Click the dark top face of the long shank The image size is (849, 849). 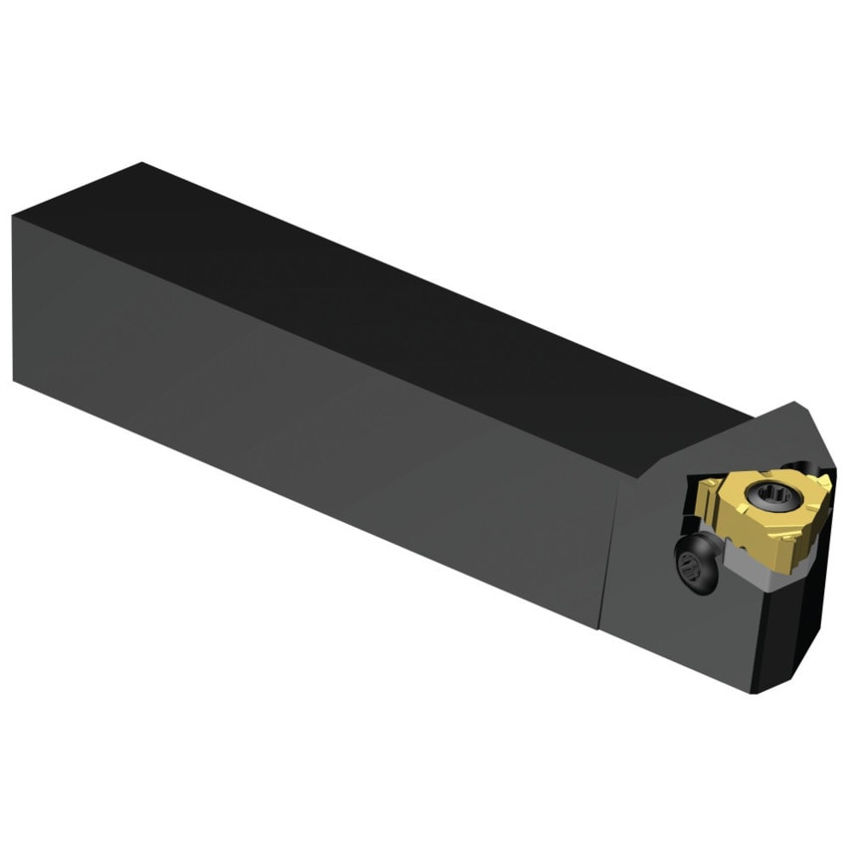coord(398,298)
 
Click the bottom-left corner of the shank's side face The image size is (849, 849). coord(14,379)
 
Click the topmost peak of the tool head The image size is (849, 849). coord(797,403)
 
